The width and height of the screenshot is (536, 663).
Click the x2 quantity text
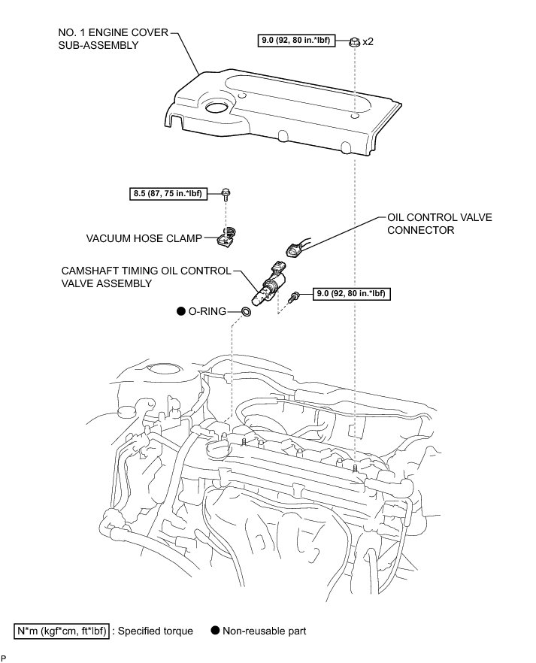click(368, 42)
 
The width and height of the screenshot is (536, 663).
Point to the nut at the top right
click(353, 41)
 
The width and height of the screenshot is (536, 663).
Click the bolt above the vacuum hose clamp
click(226, 194)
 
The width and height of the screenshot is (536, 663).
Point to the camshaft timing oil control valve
click(271, 286)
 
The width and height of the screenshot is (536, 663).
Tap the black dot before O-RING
click(181, 310)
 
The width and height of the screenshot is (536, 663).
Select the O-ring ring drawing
click(247, 311)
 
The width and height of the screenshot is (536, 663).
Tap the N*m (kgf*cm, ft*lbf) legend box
click(62, 631)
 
